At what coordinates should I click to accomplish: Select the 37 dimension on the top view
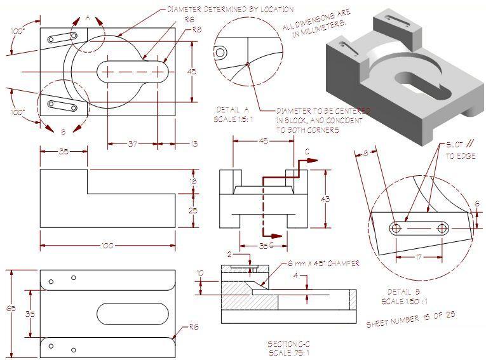(132, 144)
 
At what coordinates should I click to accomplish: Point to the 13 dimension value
(193, 144)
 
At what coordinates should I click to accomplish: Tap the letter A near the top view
(88, 18)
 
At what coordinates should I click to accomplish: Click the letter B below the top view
(63, 133)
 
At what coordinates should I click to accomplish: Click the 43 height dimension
(326, 199)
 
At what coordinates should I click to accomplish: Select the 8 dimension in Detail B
(366, 153)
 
